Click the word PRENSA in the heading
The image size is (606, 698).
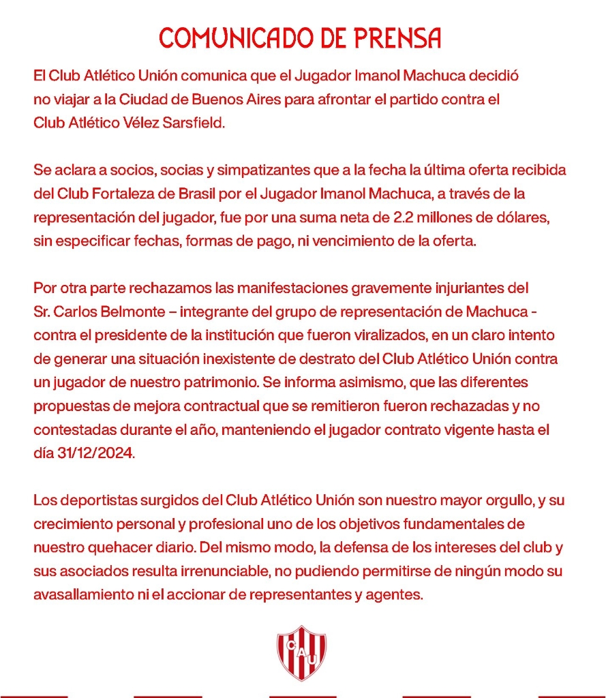pyautogui.click(x=397, y=38)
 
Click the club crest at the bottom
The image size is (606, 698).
pyautogui.click(x=301, y=652)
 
